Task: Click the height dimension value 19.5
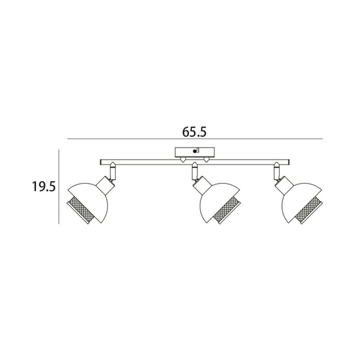(x=44, y=187)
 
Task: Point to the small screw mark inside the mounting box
(x=195, y=152)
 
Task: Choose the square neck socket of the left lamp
(x=106, y=182)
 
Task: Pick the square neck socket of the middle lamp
(x=198, y=182)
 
